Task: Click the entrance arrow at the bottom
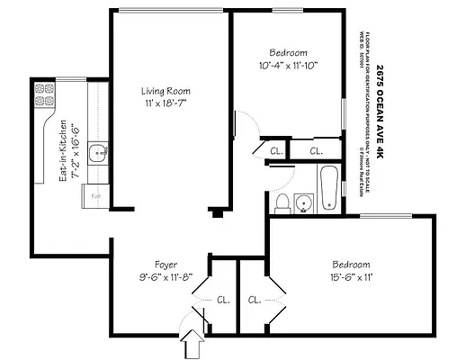(x=191, y=342)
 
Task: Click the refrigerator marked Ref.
(x=94, y=193)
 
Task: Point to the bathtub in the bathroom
(x=329, y=186)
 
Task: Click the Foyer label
(x=165, y=265)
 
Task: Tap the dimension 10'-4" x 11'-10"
(x=289, y=65)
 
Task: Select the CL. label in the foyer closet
(x=222, y=300)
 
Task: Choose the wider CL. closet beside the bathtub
(x=316, y=151)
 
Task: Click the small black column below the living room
(x=215, y=213)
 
